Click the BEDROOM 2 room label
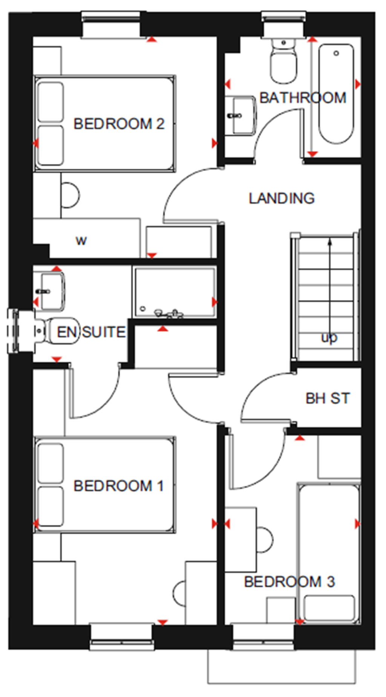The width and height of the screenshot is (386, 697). (x=119, y=124)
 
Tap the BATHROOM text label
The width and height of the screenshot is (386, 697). (x=303, y=98)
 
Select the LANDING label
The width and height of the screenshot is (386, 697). (x=281, y=198)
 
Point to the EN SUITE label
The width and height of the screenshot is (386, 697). (x=91, y=332)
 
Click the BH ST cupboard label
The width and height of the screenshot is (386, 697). (x=327, y=398)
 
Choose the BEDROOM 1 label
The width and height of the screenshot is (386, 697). (x=119, y=486)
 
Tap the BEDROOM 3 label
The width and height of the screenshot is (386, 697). (x=289, y=582)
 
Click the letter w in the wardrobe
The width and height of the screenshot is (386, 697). (x=81, y=240)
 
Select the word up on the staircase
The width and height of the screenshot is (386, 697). (x=329, y=338)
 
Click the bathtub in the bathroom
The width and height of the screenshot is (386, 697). (x=336, y=94)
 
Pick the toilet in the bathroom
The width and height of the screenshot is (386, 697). (x=283, y=62)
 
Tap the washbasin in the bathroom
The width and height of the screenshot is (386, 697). (x=241, y=115)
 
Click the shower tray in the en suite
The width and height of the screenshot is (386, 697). (x=174, y=292)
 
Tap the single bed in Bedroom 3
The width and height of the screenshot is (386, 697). (x=329, y=554)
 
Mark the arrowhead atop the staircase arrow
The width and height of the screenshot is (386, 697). (x=330, y=242)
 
